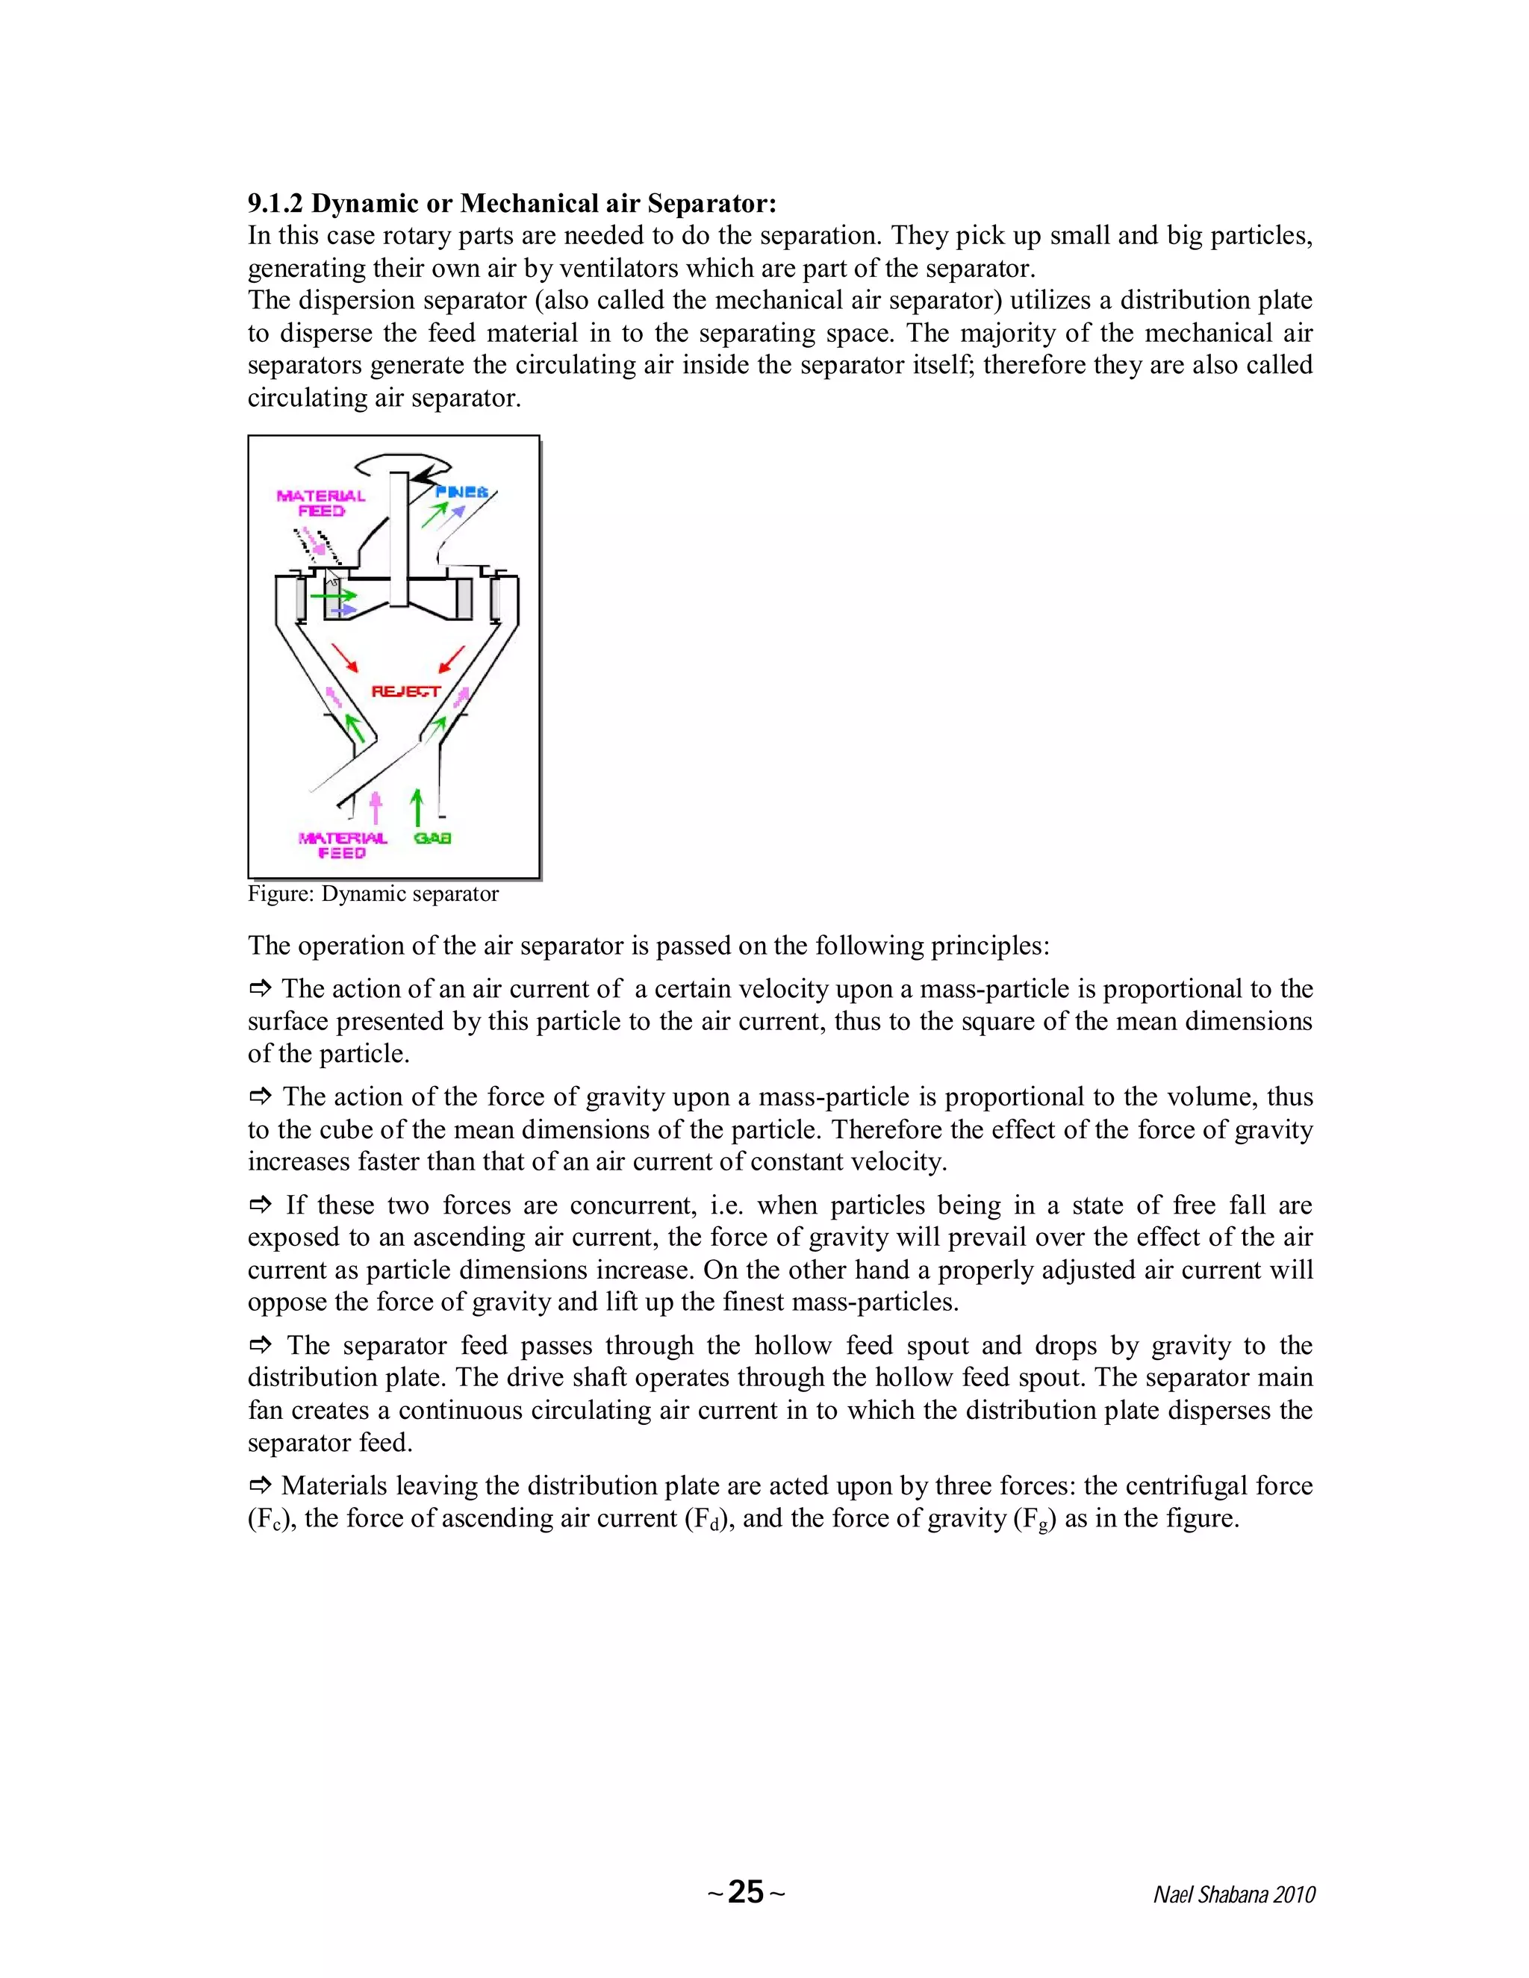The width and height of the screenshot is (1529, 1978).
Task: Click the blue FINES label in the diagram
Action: tap(462, 492)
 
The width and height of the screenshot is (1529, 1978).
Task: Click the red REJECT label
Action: tap(406, 691)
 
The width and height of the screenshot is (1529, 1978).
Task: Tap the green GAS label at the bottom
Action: tap(432, 837)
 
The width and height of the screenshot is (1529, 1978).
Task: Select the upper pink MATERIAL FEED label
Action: tap(320, 502)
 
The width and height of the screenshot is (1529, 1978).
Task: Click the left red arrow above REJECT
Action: tap(345, 658)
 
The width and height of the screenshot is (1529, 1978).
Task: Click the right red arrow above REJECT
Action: tap(451, 658)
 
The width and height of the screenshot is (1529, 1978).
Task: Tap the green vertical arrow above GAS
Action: tap(417, 805)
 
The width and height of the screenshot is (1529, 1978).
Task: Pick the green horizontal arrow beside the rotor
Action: tap(332, 596)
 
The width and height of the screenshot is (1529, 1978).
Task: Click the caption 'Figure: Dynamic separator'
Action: tap(373, 894)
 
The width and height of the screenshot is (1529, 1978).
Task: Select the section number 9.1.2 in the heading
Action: tap(275, 203)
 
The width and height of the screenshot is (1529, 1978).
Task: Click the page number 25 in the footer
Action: tap(746, 1892)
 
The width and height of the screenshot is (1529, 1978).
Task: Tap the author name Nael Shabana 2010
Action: tap(1233, 1894)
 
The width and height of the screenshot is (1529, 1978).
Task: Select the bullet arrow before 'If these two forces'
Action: tap(261, 1205)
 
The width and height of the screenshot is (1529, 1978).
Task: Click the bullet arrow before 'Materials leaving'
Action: tap(261, 1485)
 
